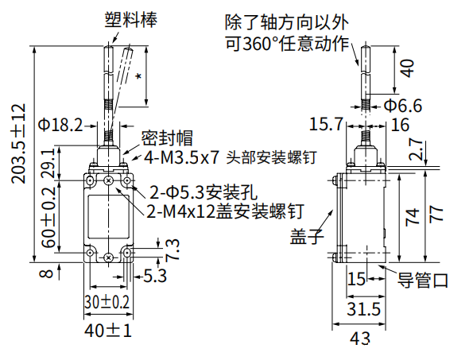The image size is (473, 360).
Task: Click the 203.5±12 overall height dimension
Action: tap(18, 143)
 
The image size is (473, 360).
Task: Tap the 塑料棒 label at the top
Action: tap(128, 17)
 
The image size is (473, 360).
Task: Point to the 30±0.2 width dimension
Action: tap(107, 302)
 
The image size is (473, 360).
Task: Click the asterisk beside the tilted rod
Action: tap(139, 77)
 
